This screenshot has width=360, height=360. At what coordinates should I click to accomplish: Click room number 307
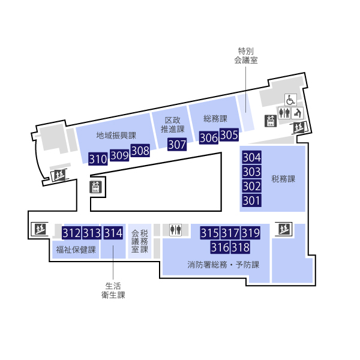click(x=177, y=145)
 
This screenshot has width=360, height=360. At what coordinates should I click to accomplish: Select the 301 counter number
click(x=251, y=200)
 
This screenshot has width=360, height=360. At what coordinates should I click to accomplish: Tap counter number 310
click(x=98, y=159)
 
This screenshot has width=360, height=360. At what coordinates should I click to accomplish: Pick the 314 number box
click(x=113, y=233)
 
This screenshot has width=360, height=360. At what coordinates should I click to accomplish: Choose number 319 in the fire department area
click(x=250, y=233)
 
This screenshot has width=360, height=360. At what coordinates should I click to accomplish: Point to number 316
click(x=220, y=247)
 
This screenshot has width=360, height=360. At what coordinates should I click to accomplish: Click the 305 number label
click(x=229, y=135)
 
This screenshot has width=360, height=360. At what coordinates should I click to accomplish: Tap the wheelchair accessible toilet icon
click(x=290, y=100)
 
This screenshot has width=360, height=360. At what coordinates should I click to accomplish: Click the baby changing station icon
click(x=298, y=113)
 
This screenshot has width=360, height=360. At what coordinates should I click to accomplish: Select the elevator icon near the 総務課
click(x=271, y=121)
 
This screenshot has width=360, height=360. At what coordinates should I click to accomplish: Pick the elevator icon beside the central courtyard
click(x=95, y=187)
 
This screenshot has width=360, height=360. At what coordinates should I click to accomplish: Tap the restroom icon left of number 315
click(x=176, y=230)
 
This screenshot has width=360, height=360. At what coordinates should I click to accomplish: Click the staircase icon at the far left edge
click(x=40, y=229)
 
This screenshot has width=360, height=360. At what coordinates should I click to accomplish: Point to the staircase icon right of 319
click(x=284, y=229)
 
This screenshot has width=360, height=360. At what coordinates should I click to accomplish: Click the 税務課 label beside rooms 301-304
click(x=283, y=179)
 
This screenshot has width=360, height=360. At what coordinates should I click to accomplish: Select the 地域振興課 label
click(x=116, y=135)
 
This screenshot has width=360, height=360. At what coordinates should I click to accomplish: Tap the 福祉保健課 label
click(x=76, y=250)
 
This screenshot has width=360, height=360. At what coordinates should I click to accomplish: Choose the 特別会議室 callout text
click(x=245, y=56)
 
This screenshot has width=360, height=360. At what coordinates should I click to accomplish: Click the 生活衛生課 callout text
click(x=113, y=290)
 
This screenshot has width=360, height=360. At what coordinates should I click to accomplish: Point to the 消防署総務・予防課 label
click(x=223, y=265)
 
